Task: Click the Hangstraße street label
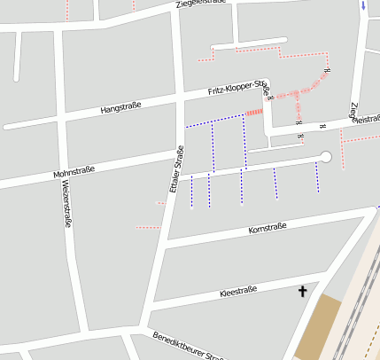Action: [x=121, y=108]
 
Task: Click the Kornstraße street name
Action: [x=267, y=230]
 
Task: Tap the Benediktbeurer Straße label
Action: [x=187, y=348]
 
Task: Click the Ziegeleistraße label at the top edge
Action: [x=201, y=4]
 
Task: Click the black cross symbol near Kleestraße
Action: [x=302, y=290]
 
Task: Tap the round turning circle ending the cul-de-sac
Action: [x=325, y=157]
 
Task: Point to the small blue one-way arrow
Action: [x=362, y=6]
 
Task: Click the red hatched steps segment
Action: [x=254, y=112]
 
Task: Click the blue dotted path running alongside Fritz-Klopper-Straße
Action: [x=215, y=121]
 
